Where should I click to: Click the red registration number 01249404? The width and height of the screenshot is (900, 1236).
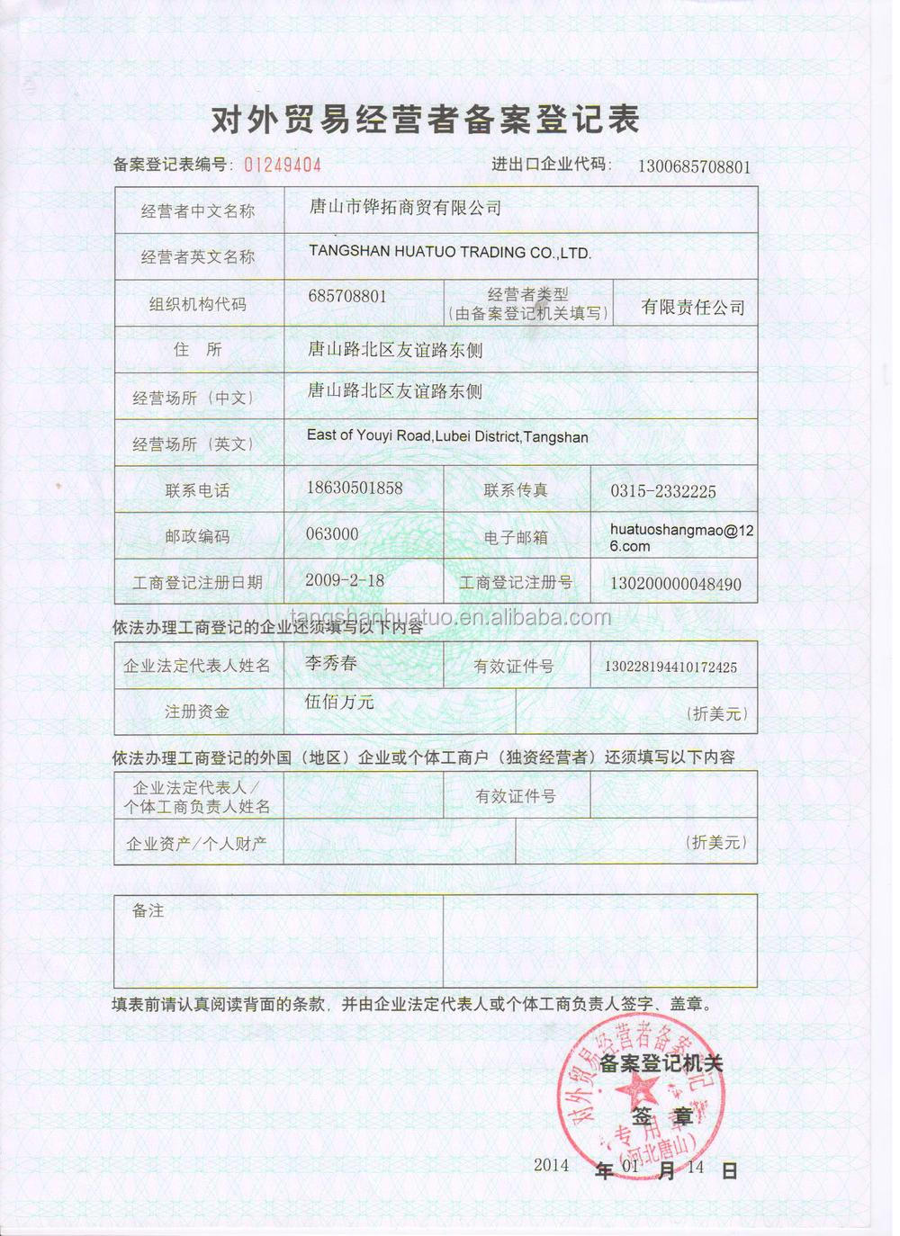(283, 165)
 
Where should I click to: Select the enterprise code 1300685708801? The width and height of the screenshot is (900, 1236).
(694, 166)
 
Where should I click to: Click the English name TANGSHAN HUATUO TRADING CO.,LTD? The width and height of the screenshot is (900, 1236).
(450, 253)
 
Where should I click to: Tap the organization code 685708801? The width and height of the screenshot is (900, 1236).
(346, 296)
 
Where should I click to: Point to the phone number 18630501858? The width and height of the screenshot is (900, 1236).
(355, 488)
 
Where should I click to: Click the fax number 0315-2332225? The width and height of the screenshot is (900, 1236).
(663, 491)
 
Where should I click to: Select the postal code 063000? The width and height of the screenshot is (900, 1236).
(332, 534)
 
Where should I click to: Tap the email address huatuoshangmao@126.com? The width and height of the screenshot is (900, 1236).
(680, 538)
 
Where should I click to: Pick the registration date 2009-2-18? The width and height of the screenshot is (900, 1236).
(344, 580)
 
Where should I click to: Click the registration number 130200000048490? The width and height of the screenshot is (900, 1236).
(676, 584)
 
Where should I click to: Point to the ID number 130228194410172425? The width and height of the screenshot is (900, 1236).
(670, 667)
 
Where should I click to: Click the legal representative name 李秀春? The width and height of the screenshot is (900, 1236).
(331, 663)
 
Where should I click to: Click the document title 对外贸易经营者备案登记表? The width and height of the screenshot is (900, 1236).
(425, 120)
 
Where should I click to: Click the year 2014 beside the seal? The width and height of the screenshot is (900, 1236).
(551, 1165)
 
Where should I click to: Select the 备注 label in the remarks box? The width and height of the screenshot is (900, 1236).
(148, 911)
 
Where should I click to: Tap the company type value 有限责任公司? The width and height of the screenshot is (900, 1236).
(693, 308)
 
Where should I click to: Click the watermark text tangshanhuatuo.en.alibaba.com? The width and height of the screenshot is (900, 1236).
(451, 617)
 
